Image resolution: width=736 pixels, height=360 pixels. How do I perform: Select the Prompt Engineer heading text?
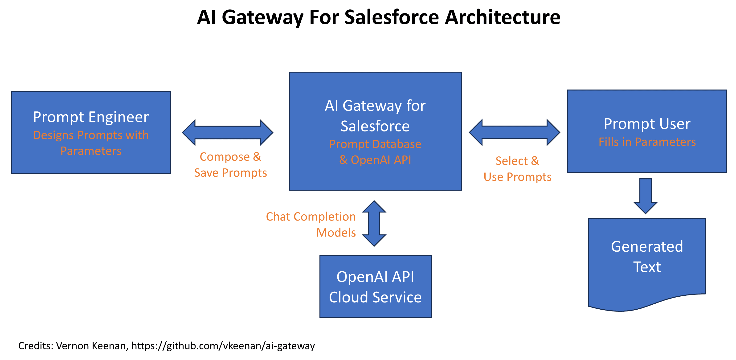(x=91, y=117)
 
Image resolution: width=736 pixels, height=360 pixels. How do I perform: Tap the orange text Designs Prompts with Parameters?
(x=91, y=143)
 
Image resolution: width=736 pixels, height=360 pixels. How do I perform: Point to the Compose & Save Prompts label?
(x=230, y=165)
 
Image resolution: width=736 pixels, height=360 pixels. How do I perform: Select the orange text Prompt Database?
(x=375, y=144)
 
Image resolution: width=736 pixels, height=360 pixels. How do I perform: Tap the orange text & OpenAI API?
(x=375, y=160)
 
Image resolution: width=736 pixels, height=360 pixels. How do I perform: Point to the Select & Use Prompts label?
(x=517, y=169)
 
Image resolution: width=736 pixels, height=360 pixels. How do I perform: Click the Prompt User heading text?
(x=647, y=124)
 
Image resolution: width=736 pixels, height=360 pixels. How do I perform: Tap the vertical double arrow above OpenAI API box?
(x=374, y=223)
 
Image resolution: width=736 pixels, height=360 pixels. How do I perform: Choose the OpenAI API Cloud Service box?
(x=375, y=286)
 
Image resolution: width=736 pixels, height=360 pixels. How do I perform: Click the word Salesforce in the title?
(x=391, y=17)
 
